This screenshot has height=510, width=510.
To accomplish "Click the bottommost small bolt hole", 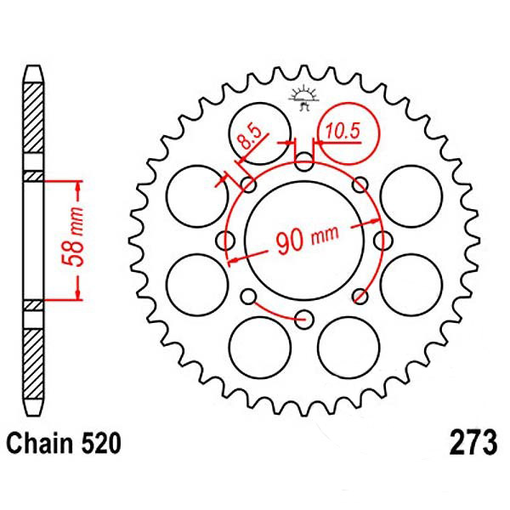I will [x=303, y=319].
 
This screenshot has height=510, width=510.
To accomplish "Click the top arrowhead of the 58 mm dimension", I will [x=79, y=183].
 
